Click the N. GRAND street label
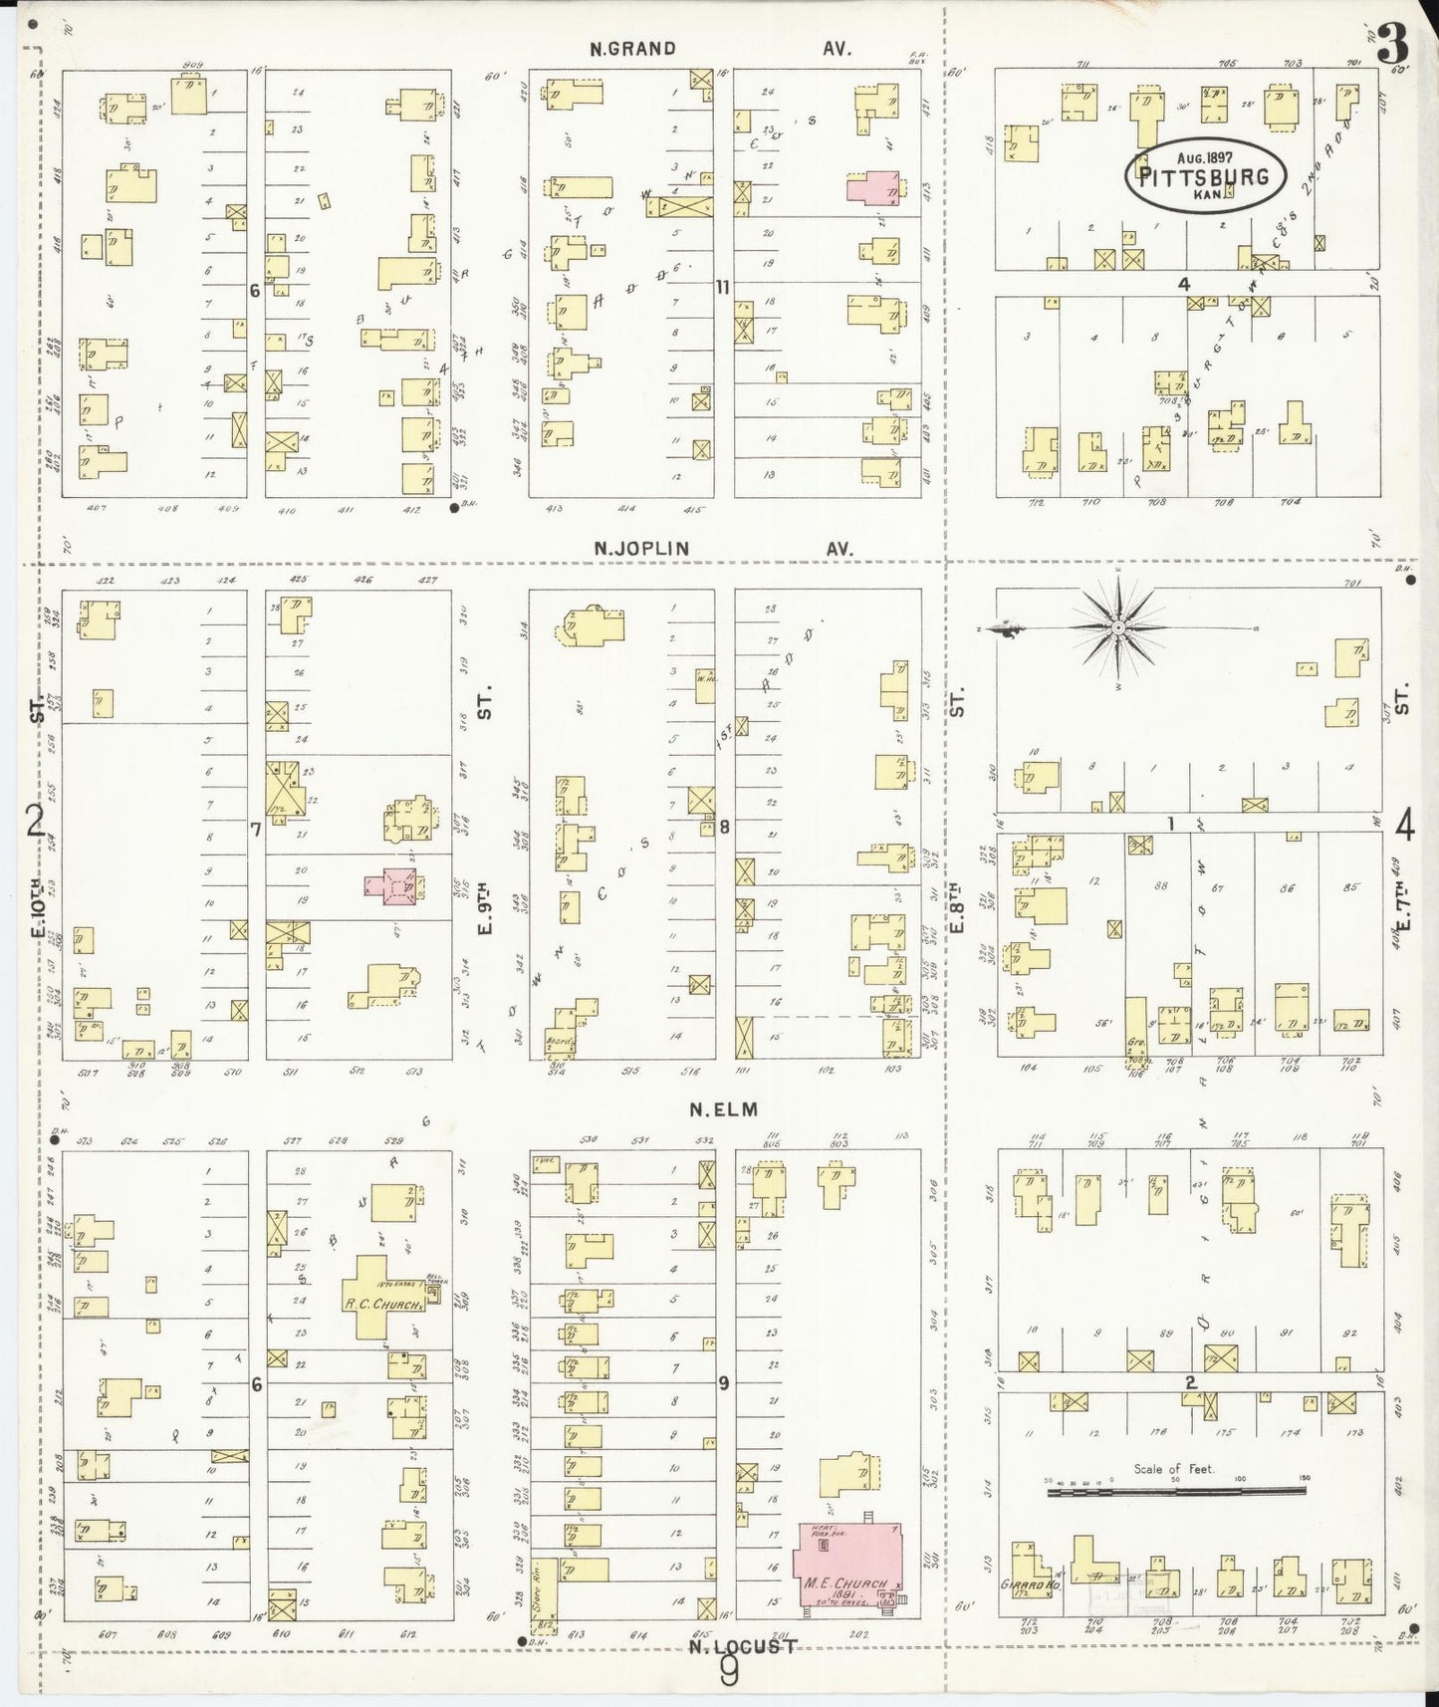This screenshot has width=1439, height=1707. tap(632, 48)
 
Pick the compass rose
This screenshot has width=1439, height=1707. tap(1117, 627)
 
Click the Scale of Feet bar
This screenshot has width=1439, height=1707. tap(1175, 1491)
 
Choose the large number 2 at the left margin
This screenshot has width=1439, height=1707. tap(35, 822)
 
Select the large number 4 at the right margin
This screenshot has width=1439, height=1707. tap(1405, 825)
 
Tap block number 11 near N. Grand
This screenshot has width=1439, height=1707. tap(724, 288)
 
